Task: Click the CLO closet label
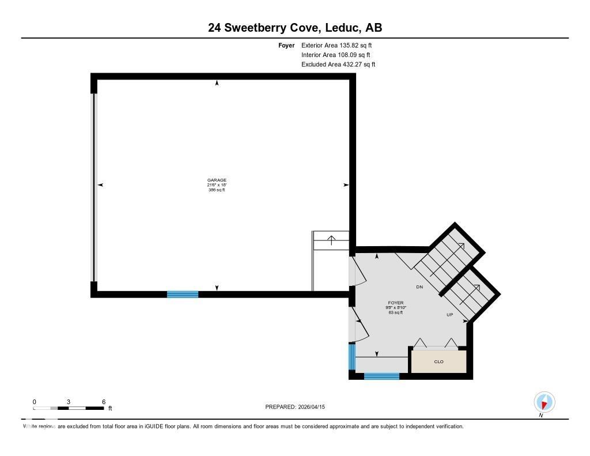[438, 362]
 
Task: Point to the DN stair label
[420, 287]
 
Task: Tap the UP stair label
[450, 315]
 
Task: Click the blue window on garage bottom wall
[183, 294]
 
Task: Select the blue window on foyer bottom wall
[381, 376]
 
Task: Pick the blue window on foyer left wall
[351, 356]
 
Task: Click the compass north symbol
[544, 402]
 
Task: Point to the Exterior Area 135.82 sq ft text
[341, 45]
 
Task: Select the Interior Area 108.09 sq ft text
[335, 55]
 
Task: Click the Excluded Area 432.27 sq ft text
[338, 65]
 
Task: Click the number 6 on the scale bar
[103, 401]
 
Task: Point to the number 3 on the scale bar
[69, 401]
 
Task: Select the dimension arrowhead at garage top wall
[217, 84]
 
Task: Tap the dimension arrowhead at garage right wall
[346, 185]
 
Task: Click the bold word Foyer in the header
[286, 45]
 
